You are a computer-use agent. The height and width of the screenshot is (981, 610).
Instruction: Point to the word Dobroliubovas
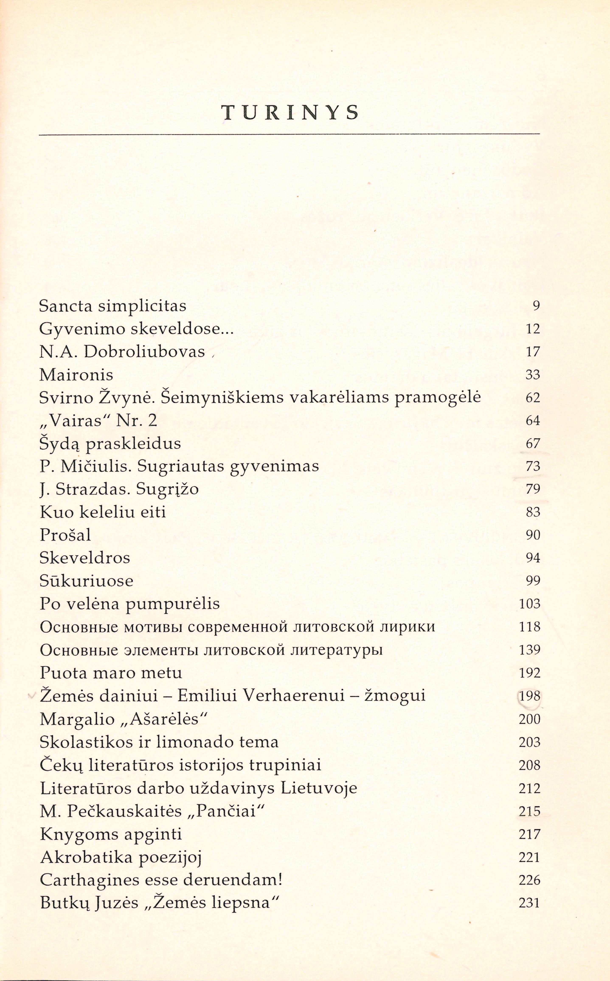click(x=144, y=352)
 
